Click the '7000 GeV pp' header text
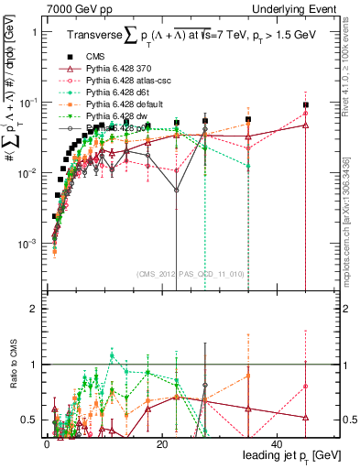point(78,8)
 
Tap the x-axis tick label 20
point(161,443)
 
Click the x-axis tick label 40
point(277,443)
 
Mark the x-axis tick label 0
point(47,443)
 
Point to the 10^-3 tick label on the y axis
point(26,244)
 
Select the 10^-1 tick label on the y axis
point(26,102)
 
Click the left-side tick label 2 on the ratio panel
point(33,309)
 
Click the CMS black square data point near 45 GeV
point(306,105)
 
